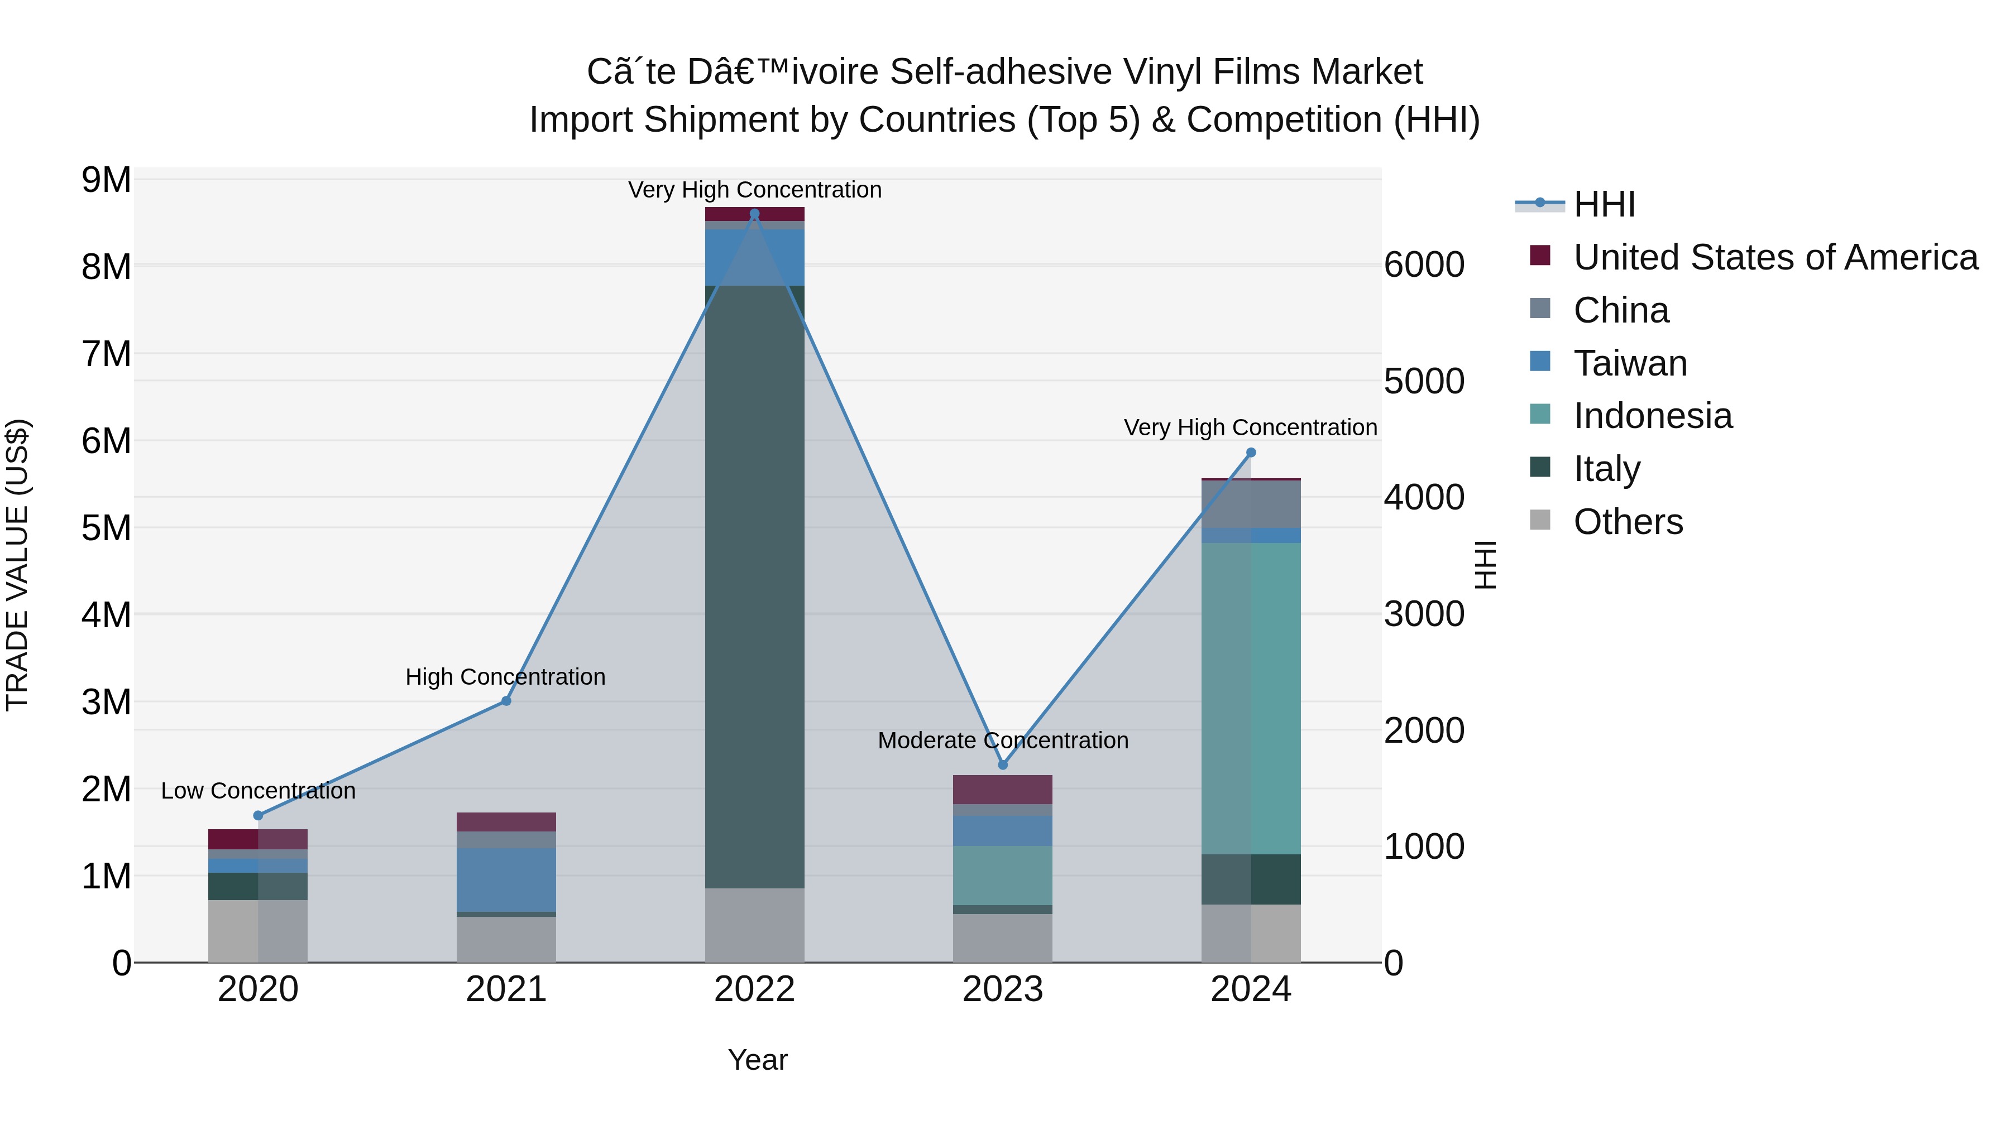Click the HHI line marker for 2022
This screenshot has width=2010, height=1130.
pyautogui.click(x=754, y=214)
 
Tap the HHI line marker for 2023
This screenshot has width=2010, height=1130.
pyautogui.click(x=1003, y=765)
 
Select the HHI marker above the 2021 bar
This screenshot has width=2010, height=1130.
pyautogui.click(x=506, y=701)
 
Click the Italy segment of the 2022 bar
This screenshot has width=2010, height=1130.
pyautogui.click(x=754, y=585)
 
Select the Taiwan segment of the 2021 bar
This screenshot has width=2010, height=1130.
pyautogui.click(x=506, y=879)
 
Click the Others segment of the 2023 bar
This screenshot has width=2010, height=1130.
pyautogui.click(x=1003, y=938)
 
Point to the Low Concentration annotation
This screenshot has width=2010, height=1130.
pyautogui.click(x=259, y=791)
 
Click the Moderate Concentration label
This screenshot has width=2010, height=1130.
pyautogui.click(x=1003, y=740)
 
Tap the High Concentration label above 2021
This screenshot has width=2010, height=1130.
pyautogui.click(x=506, y=677)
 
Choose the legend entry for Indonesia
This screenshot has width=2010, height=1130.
pyautogui.click(x=1652, y=416)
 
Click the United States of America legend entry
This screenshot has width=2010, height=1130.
pyautogui.click(x=1775, y=257)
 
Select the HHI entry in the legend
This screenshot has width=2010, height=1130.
pyautogui.click(x=1604, y=204)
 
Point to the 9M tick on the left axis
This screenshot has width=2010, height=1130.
pyautogui.click(x=106, y=180)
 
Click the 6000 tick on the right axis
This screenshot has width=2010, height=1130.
pyautogui.click(x=1424, y=265)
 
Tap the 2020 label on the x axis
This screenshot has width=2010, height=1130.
pyautogui.click(x=259, y=989)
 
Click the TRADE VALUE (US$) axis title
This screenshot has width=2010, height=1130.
pyautogui.click(x=18, y=565)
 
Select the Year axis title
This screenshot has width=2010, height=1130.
pyautogui.click(x=757, y=1060)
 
